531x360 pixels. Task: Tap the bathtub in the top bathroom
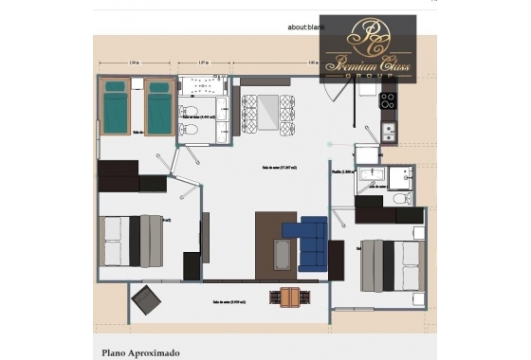204,93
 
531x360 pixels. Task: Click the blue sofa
311,243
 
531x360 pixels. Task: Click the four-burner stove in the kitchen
389,99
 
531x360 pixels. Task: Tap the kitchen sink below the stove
389,131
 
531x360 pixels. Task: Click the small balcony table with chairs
285,297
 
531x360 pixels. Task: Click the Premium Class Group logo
368,48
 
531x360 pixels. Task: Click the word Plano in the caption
116,352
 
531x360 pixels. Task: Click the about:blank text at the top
305,27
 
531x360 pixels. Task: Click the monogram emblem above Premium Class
368,35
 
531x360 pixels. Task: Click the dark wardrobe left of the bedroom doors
119,175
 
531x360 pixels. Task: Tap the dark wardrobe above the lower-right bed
389,216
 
